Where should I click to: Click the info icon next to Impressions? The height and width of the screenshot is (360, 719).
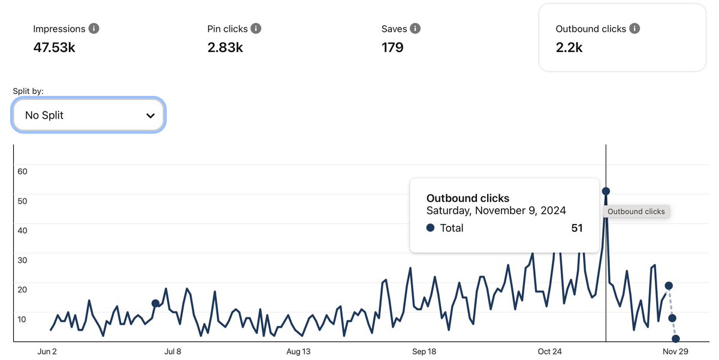pyautogui.click(x=93, y=29)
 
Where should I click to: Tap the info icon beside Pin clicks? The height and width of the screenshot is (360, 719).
pyautogui.click(x=256, y=29)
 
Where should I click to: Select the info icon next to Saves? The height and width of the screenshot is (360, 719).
pyautogui.click(x=415, y=29)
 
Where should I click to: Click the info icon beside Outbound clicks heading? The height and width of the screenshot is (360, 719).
pyautogui.click(x=635, y=29)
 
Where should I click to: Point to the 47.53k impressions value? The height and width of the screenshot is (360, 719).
pyautogui.click(x=55, y=47)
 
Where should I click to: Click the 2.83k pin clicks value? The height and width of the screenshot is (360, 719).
pyautogui.click(x=225, y=47)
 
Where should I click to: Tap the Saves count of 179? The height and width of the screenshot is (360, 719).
pyautogui.click(x=392, y=47)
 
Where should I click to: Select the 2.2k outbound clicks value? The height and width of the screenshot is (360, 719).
pyautogui.click(x=569, y=47)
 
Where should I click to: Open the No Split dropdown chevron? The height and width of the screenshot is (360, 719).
pyautogui.click(x=150, y=116)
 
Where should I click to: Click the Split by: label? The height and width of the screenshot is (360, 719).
pyautogui.click(x=28, y=91)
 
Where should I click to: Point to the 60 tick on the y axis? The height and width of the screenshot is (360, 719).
pyautogui.click(x=22, y=171)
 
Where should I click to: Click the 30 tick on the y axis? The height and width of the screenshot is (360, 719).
pyautogui.click(x=22, y=260)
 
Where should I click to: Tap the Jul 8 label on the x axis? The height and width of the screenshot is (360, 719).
pyautogui.click(x=173, y=352)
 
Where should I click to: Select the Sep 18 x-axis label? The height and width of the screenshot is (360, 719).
pyautogui.click(x=424, y=352)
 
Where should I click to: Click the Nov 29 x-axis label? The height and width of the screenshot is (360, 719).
pyautogui.click(x=675, y=352)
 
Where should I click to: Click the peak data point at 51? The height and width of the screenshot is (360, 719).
pyautogui.click(x=606, y=191)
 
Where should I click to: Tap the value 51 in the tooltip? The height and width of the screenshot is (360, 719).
pyautogui.click(x=577, y=228)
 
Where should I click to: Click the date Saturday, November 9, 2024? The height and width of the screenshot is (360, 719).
pyautogui.click(x=496, y=210)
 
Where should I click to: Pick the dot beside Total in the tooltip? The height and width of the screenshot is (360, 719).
pyautogui.click(x=430, y=228)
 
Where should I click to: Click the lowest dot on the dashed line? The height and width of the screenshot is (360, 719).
pyautogui.click(x=676, y=338)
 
